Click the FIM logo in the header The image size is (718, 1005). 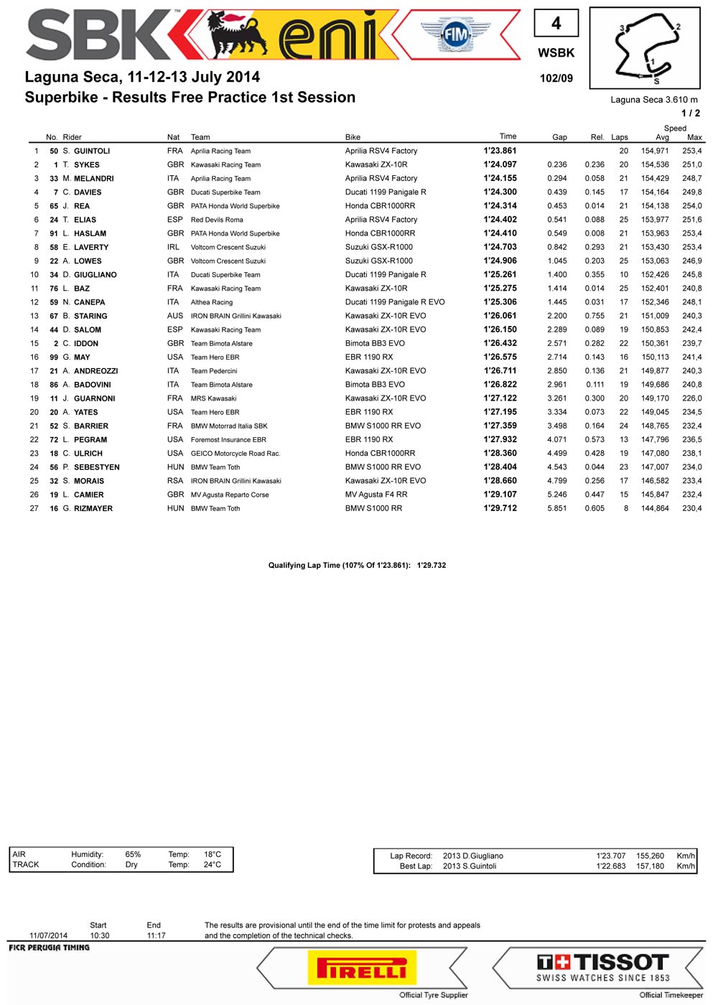pyautogui.click(x=455, y=34)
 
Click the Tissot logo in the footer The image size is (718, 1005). pyautogui.click(x=603, y=967)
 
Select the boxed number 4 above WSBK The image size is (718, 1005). pyautogui.click(x=556, y=24)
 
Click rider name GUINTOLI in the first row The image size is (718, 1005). pyautogui.click(x=92, y=151)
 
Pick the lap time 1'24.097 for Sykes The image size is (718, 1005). pyautogui.click(x=500, y=165)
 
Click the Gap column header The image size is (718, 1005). pyautogui.click(x=559, y=137)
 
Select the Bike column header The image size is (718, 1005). pyautogui.click(x=353, y=137)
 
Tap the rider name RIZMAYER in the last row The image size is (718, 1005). pyautogui.click(x=93, y=509)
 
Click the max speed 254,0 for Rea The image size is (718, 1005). pyautogui.click(x=691, y=206)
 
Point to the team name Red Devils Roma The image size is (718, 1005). pyautogui.click(x=217, y=220)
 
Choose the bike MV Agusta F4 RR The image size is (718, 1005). pyautogui.click(x=376, y=495)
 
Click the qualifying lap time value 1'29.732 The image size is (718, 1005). pyautogui.click(x=431, y=566)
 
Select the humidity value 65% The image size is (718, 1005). pyautogui.click(x=133, y=855)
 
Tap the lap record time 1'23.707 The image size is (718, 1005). pyautogui.click(x=610, y=856)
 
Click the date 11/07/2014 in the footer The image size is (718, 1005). pyautogui.click(x=48, y=936)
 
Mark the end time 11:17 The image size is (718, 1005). pyautogui.click(x=156, y=936)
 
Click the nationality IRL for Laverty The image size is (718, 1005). pyautogui.click(x=174, y=248)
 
